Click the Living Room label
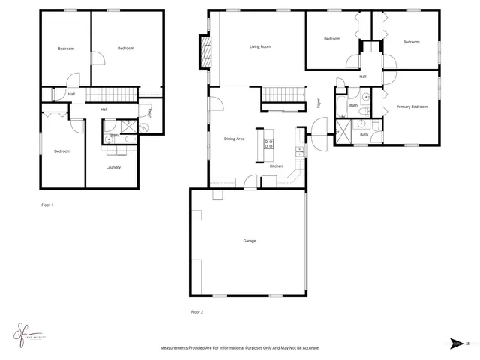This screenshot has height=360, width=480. point(260,46)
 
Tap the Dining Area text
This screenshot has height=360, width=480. point(235,139)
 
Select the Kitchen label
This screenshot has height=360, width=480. point(276,166)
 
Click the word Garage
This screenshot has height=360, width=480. point(249,241)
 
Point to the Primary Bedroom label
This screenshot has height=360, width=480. point(412,106)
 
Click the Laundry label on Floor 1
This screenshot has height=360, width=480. point(113,167)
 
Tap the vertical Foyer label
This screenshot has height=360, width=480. point(319,103)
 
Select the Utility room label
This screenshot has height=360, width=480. point(150,112)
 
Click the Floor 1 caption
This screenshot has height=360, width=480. point(47,204)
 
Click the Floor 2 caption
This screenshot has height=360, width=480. point(197,310)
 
